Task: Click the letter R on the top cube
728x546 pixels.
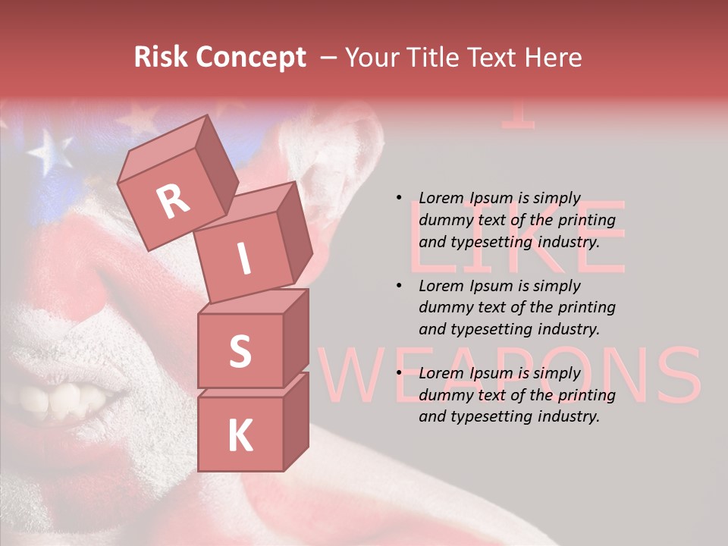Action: (x=173, y=201)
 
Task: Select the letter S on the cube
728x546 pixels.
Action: (x=240, y=351)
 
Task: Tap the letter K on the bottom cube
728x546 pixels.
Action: (x=240, y=436)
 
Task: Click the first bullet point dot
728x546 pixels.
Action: (x=400, y=198)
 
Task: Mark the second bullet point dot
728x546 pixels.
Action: (x=400, y=286)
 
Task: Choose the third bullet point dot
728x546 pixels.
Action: (x=400, y=373)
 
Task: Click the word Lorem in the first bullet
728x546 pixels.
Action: (x=442, y=198)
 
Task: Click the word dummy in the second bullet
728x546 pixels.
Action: (x=442, y=308)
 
